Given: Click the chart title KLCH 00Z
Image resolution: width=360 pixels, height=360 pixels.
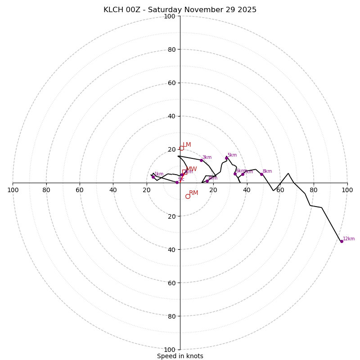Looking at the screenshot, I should point(180,10).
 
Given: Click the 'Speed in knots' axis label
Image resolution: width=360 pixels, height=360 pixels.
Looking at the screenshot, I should point(180,356).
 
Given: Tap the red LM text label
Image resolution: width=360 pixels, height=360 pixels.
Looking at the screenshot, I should point(187,145).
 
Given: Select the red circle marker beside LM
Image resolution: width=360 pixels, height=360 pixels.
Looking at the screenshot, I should point(181,148).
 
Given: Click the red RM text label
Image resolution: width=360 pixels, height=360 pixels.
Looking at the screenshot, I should point(193,193).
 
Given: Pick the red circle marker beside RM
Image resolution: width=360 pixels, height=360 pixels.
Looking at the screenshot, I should point(188,196).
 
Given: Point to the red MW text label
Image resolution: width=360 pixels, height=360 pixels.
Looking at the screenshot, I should point(191,169).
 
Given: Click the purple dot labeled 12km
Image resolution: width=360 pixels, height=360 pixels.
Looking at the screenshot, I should point(342,241).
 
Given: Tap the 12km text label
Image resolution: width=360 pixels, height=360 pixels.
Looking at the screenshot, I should point(349,239).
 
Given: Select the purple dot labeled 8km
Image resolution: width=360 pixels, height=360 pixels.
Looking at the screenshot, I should point(261,174).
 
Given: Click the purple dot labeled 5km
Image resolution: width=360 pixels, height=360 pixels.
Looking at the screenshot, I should point(226,158).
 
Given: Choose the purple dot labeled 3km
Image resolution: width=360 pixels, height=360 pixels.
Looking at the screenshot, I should point(201,160).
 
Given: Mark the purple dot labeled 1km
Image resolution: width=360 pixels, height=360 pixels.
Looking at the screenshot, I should point(153,177).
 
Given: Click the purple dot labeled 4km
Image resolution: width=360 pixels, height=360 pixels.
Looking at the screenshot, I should point(207,181).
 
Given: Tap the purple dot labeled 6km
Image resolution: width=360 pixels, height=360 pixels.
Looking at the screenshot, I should point(235,174).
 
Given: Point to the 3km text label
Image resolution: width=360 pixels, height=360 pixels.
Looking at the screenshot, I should point(207,157).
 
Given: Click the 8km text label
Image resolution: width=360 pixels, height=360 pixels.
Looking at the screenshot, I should point(267,171).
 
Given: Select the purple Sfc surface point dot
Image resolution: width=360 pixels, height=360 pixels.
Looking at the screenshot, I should point(177,182).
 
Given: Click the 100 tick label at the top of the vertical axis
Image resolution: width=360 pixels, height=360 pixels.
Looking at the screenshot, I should point(170,16).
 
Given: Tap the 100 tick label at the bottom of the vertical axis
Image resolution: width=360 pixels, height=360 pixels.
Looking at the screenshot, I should point(170,349).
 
